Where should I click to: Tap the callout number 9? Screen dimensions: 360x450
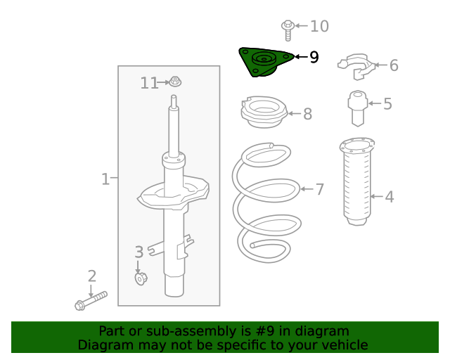(314, 57)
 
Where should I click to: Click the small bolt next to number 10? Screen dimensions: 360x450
(287, 28)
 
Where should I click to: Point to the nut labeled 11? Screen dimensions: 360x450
(176, 82)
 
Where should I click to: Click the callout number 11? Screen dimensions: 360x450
(149, 83)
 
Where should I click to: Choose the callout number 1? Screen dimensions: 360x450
(105, 179)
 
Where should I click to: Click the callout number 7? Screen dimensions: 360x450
(319, 189)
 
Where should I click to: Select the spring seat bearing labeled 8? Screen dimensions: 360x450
(264, 114)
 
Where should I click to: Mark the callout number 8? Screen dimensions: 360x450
(307, 114)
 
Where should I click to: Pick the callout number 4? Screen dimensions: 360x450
(389, 197)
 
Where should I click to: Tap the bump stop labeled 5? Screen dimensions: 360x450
(358, 108)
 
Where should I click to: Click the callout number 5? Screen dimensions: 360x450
(387, 105)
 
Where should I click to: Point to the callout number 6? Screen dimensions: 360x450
(394, 65)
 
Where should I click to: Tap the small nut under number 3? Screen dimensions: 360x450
(140, 279)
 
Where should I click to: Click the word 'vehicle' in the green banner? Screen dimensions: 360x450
(342, 345)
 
